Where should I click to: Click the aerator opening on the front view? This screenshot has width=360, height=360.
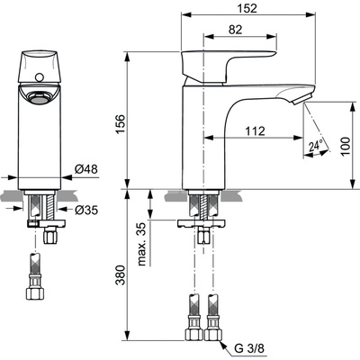[36, 96]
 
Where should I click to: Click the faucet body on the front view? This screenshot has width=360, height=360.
[36, 135]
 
